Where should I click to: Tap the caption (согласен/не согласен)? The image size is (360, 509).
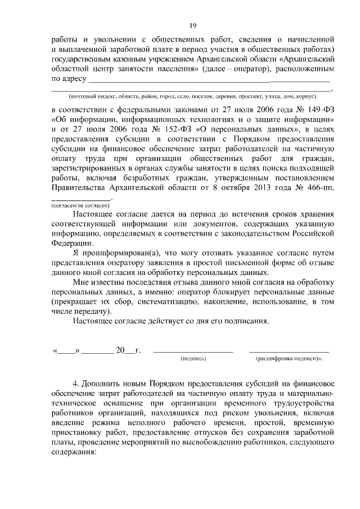coord(80,206)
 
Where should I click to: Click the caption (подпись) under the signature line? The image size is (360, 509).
coord(193,358)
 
